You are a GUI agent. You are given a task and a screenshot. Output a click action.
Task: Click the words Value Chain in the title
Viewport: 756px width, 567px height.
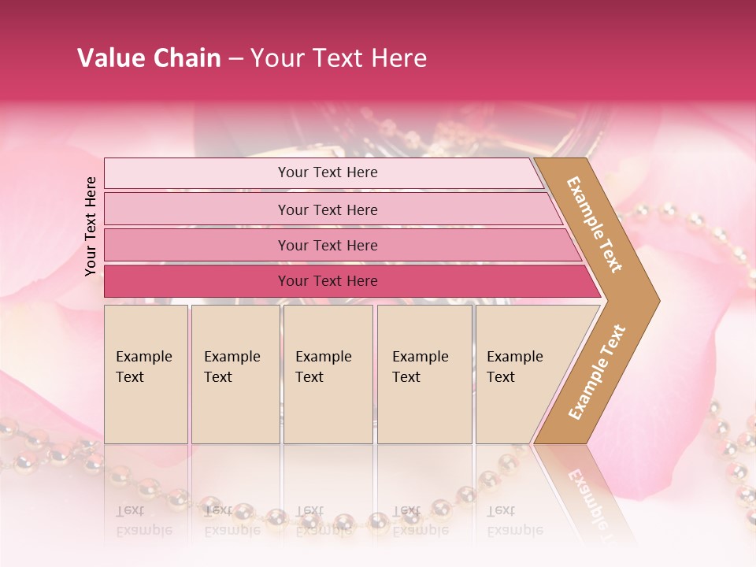click(x=149, y=58)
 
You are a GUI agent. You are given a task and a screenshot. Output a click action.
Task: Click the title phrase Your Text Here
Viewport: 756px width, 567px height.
click(x=339, y=58)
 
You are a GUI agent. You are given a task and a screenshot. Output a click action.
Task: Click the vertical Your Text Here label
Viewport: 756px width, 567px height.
click(x=91, y=226)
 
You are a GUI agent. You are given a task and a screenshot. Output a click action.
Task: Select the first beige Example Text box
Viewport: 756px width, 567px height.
click(x=146, y=374)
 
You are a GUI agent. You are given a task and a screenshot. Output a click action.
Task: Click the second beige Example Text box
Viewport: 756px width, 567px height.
click(x=235, y=374)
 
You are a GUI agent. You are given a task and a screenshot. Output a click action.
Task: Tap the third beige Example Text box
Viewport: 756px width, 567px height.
click(x=328, y=374)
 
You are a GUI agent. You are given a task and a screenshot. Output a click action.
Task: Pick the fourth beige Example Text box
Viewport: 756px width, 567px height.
click(x=424, y=374)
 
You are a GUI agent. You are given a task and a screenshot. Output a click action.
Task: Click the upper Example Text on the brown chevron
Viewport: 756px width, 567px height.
click(x=595, y=224)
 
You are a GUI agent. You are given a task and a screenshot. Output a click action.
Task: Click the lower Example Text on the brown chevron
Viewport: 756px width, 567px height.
click(x=597, y=372)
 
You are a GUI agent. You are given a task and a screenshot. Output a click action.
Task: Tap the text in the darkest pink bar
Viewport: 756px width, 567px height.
click(x=328, y=281)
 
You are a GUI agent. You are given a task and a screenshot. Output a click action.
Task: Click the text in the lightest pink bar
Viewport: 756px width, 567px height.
click(x=328, y=172)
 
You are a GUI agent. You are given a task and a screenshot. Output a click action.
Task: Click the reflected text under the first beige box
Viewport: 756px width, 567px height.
click(x=143, y=521)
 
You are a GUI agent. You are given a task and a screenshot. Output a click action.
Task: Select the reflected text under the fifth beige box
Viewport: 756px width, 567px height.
click(x=515, y=521)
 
